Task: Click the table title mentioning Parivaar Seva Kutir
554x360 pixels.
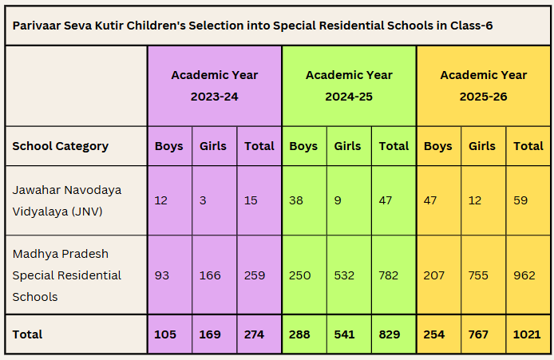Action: click(x=253, y=26)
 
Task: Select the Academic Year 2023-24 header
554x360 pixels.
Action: click(x=214, y=85)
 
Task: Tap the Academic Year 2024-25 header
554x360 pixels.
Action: click(x=349, y=85)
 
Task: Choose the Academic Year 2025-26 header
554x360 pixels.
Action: click(x=483, y=85)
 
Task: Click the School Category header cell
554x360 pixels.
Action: click(x=60, y=146)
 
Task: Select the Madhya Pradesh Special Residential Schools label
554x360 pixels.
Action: click(x=67, y=275)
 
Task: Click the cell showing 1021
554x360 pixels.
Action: click(x=527, y=334)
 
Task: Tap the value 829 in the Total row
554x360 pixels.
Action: click(x=390, y=334)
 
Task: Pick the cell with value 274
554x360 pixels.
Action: click(x=255, y=334)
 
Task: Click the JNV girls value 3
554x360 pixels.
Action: click(x=203, y=200)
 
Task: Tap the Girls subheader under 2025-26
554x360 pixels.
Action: click(x=482, y=146)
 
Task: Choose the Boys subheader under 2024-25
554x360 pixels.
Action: click(x=303, y=146)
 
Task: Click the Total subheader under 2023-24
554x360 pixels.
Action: click(x=259, y=146)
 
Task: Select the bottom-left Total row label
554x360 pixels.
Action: click(x=27, y=334)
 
